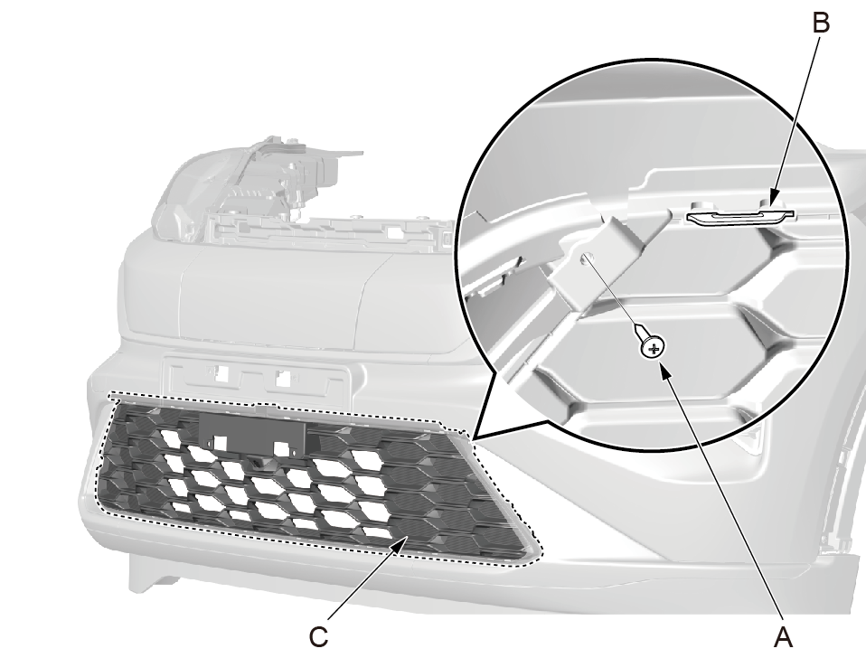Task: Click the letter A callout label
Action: [x=783, y=637]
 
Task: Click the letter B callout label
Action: [x=821, y=23]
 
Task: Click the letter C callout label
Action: [x=319, y=637]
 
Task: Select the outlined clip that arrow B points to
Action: [x=740, y=216]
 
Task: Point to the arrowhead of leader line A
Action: [x=666, y=375]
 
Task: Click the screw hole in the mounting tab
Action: [x=588, y=257]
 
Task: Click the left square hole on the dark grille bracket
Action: [x=220, y=442]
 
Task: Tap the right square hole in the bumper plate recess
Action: [x=283, y=379]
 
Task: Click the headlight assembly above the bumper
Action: [x=249, y=188]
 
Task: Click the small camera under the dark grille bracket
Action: [x=258, y=460]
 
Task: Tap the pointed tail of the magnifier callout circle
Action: [x=473, y=439]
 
